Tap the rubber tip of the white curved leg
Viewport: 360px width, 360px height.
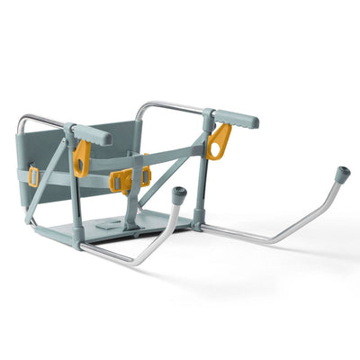click(178, 193)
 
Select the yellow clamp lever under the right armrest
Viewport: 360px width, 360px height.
click(218, 140)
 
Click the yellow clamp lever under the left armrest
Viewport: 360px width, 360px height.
click(82, 157)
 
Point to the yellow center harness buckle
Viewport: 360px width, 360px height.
click(124, 179)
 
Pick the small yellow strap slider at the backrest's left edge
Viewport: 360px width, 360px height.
click(33, 176)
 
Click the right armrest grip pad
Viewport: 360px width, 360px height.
click(236, 118)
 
